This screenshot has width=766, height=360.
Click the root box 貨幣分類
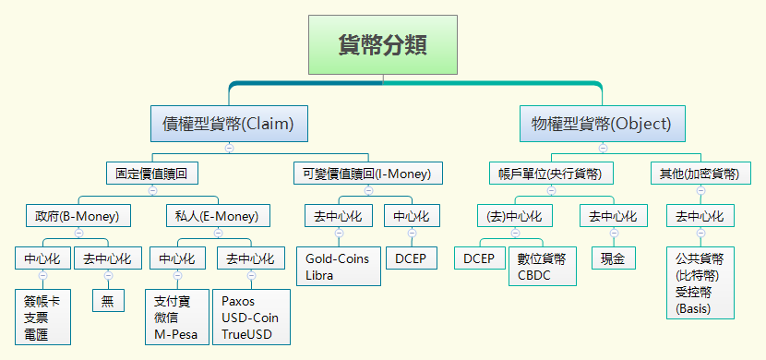[382, 44]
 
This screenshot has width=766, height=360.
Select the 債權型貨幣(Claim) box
[228, 123]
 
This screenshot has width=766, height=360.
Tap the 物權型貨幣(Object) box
[602, 123]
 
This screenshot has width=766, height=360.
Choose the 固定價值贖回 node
[151, 173]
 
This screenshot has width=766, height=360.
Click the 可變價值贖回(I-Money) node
[366, 173]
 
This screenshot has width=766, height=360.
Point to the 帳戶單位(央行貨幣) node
[551, 173]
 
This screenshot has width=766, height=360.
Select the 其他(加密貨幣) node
[700, 173]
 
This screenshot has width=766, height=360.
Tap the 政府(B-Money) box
[78, 216]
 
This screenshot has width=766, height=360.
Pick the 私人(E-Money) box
[218, 216]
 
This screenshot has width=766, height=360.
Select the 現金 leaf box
[614, 258]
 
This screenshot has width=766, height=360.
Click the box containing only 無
[108, 300]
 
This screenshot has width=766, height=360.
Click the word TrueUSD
[245, 333]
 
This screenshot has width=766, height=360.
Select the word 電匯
[36, 333]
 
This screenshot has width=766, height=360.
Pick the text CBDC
[534, 275]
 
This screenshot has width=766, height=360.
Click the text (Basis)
[693, 308]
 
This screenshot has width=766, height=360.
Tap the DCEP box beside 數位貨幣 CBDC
[480, 258]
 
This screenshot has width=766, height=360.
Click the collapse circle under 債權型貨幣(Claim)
[228, 148]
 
